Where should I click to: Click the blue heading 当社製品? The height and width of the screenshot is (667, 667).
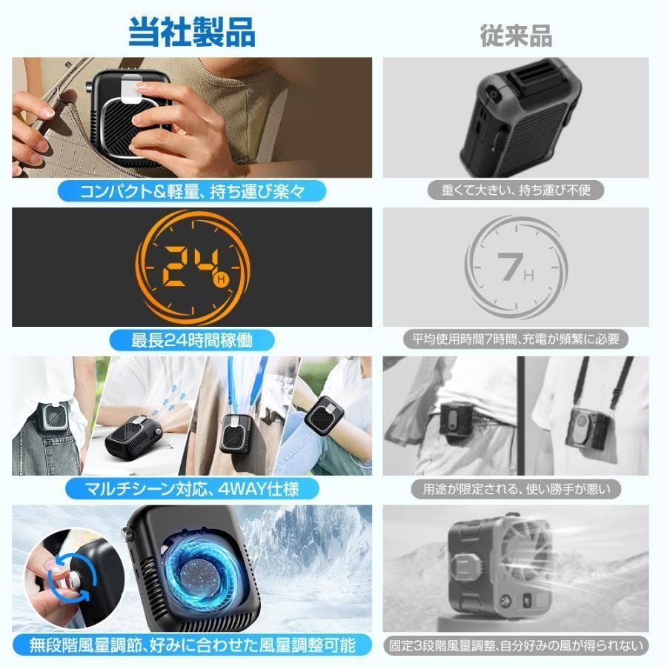coord(192,32)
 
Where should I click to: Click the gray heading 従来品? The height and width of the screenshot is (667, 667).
coord(516,36)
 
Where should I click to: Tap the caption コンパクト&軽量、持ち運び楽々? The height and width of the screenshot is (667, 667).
coord(192,191)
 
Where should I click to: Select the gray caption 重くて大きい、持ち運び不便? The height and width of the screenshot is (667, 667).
coord(516,190)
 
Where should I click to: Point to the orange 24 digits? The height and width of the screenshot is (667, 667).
coord(191,266)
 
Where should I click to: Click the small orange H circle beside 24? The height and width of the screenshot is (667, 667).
coord(221,280)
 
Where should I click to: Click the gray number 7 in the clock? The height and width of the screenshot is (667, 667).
coord(510,267)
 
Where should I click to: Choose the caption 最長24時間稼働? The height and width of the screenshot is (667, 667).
coord(192,340)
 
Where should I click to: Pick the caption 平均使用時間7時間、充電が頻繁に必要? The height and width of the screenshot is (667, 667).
coord(516,339)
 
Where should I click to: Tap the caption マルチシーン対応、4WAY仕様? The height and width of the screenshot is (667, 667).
coord(192,489)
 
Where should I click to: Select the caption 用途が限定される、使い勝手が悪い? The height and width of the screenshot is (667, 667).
coord(516,489)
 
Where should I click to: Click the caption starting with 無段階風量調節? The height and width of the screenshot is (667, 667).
coord(192,646)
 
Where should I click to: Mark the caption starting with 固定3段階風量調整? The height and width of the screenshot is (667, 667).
coord(516,646)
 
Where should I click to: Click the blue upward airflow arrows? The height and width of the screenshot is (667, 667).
coord(169,400)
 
